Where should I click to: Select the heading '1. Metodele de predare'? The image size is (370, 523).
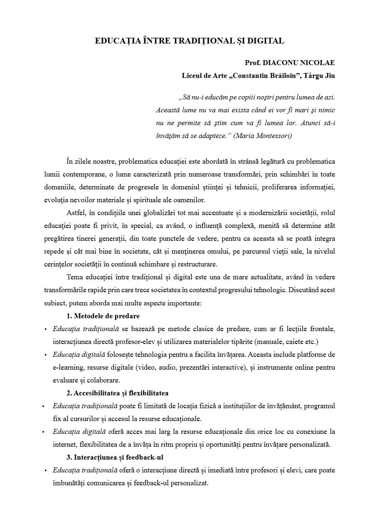pyautogui.click(x=103, y=316)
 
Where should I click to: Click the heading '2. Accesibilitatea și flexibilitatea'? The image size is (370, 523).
pyautogui.click(x=117, y=393)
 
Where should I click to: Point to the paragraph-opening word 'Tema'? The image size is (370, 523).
pyautogui.click(x=74, y=277)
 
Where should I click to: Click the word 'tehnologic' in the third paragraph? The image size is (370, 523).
pyautogui.click(x=265, y=290)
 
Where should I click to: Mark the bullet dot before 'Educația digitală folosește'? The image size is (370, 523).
pyautogui.click(x=45, y=355)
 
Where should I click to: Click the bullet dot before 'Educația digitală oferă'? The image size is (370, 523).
pyautogui.click(x=43, y=432)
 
